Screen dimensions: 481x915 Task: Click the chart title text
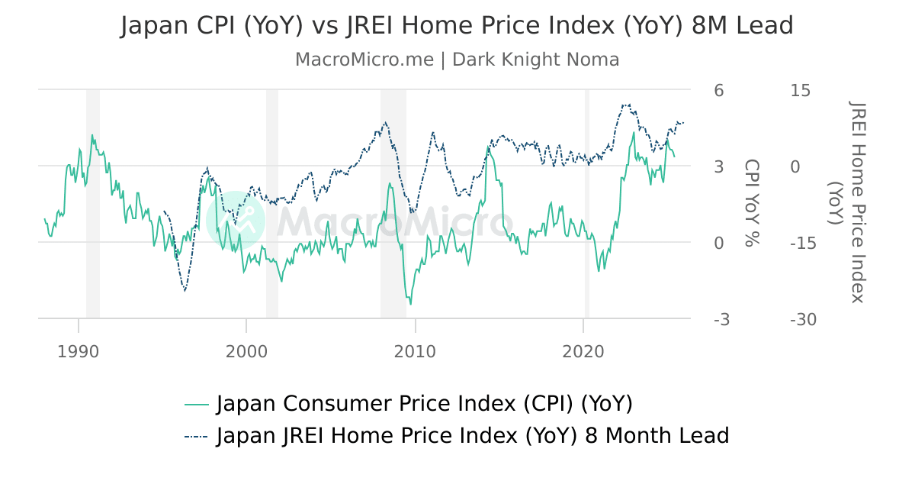pyautogui.click(x=457, y=26)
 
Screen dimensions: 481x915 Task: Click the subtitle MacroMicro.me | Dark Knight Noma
pyautogui.click(x=457, y=60)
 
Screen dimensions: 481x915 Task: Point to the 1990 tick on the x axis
pyautogui.click(x=78, y=352)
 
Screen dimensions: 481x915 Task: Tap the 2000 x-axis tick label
pyautogui.click(x=246, y=352)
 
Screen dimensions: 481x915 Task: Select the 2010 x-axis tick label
pyautogui.click(x=415, y=352)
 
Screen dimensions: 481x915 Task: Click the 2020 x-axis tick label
pyautogui.click(x=583, y=352)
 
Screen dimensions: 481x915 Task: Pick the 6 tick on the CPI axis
pyautogui.click(x=718, y=90)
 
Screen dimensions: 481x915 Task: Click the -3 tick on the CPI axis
pyautogui.click(x=721, y=319)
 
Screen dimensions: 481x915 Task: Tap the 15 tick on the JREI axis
pyautogui.click(x=801, y=90)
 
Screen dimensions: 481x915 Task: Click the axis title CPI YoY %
pyautogui.click(x=752, y=203)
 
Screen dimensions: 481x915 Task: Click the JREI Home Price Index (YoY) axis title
pyautogui.click(x=846, y=202)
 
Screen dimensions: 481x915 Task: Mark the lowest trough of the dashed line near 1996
pyautogui.click(x=185, y=290)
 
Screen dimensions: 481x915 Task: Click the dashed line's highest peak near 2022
pyautogui.click(x=626, y=105)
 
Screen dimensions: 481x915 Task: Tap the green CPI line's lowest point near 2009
pyautogui.click(x=410, y=304)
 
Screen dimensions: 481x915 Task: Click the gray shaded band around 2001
pyautogui.click(x=271, y=203)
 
